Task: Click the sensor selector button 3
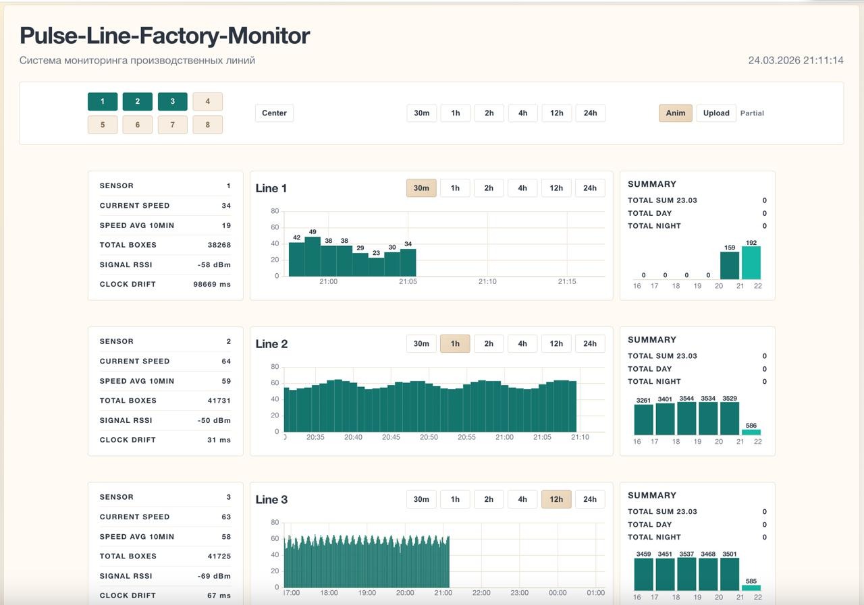pos(172,102)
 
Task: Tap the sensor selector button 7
pos(172,125)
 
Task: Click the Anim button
pos(675,113)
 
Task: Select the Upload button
pos(715,113)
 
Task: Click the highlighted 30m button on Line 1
pos(421,188)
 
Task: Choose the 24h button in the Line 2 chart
pos(589,344)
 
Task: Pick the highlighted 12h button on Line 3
pos(556,500)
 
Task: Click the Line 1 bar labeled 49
pos(313,257)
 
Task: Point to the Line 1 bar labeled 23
pos(376,267)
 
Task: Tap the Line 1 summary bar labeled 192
pos(751,263)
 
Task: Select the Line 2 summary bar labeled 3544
pos(686,419)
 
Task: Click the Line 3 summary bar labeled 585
pos(751,588)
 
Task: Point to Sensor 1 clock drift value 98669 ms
pos(212,285)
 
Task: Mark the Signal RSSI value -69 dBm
pos(214,576)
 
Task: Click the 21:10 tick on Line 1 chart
pos(487,281)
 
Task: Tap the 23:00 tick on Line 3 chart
pos(519,593)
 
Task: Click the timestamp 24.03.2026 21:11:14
pos(795,60)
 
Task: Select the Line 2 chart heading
pos(271,344)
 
